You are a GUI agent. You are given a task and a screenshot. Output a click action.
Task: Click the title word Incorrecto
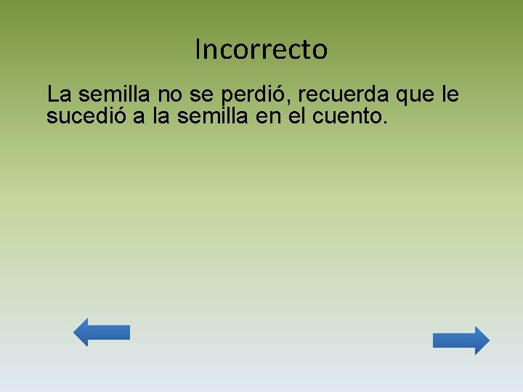point(261,49)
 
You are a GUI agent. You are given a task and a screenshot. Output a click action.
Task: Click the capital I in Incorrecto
point(198,49)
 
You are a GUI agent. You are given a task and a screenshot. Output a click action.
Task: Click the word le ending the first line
point(450,94)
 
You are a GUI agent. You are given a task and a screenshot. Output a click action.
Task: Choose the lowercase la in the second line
point(160,115)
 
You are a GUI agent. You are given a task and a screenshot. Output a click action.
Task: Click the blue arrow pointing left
point(102,332)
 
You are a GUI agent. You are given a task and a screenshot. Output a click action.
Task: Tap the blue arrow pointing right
point(461,340)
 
